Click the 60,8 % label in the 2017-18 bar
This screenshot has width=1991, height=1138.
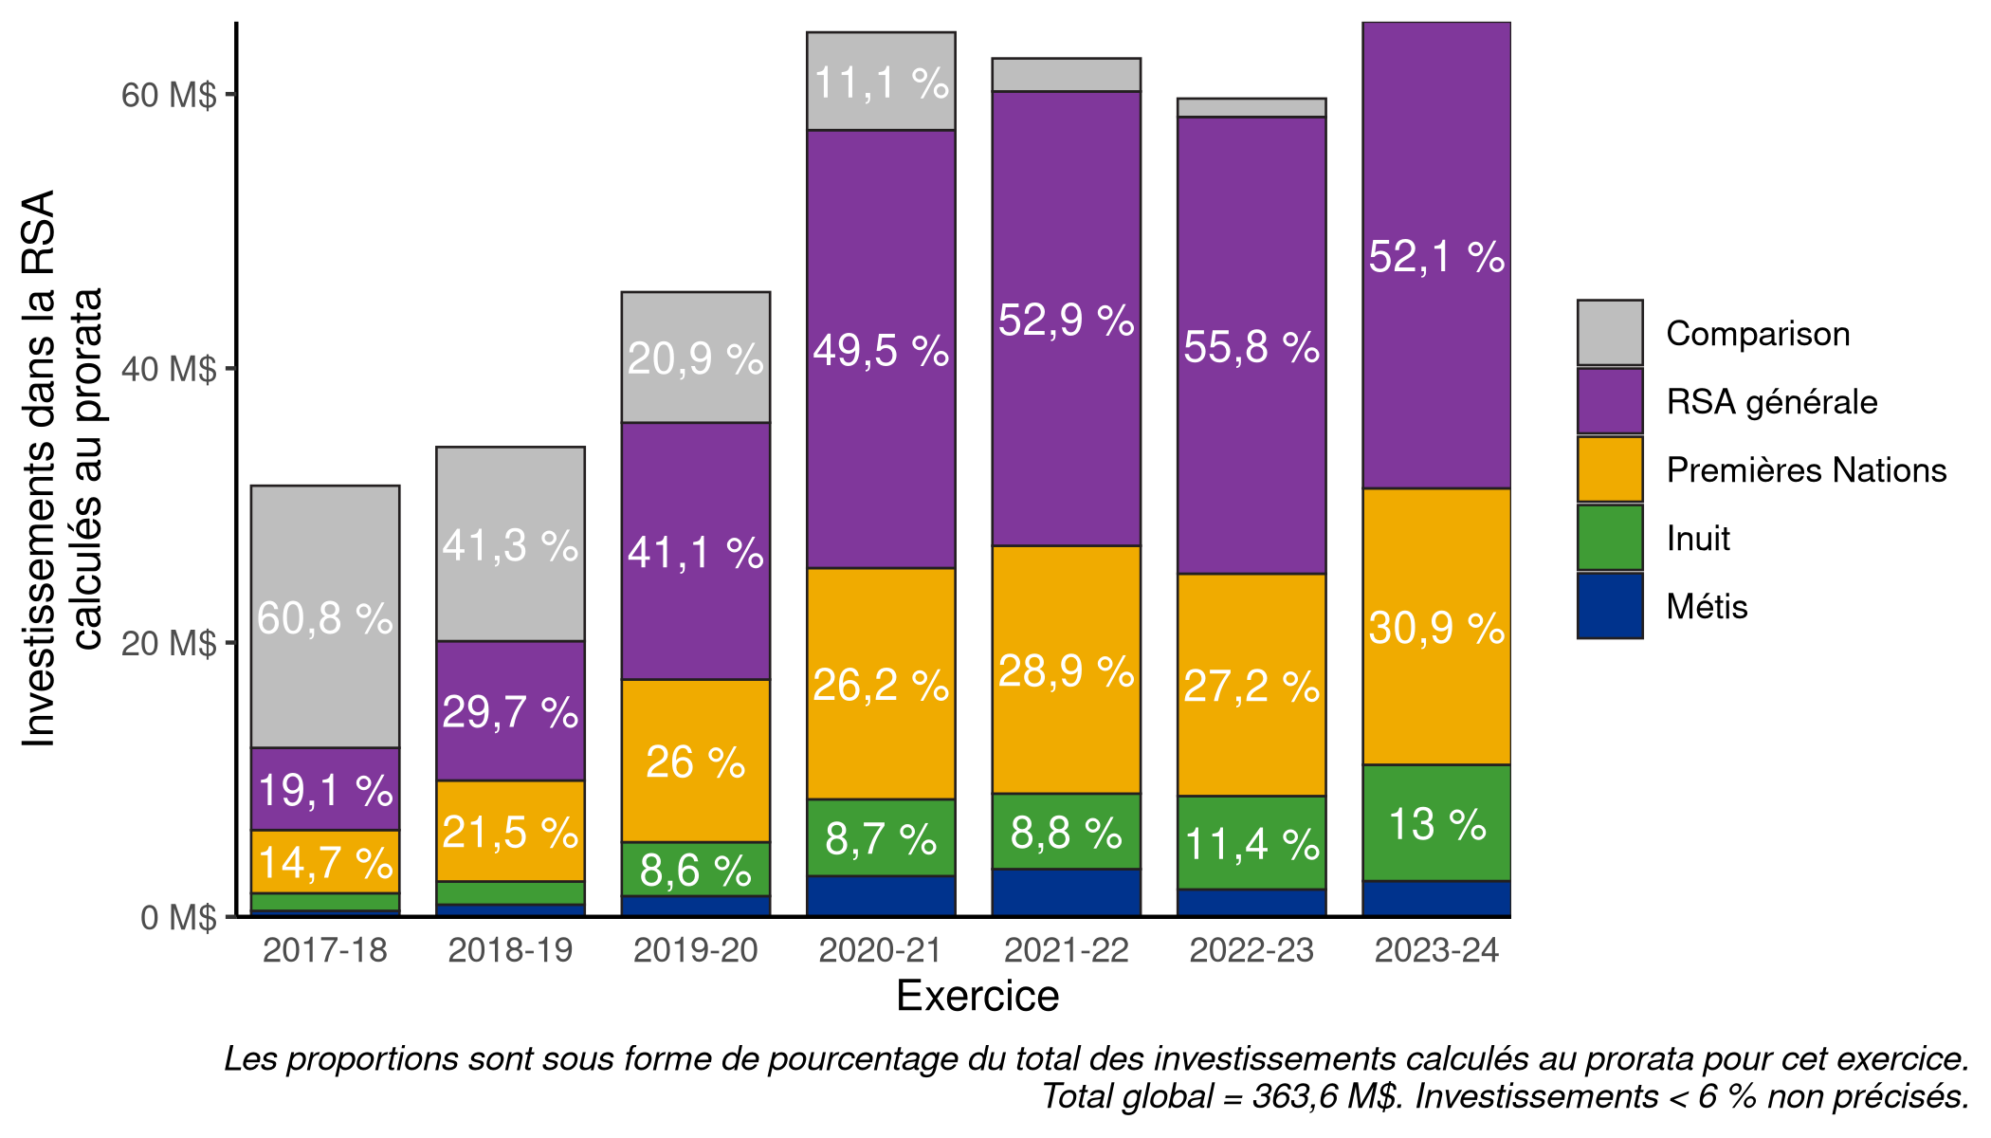324,619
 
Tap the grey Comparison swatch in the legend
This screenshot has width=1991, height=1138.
1610,333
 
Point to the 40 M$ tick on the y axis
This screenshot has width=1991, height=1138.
169,369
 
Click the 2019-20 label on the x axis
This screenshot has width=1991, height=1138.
695,950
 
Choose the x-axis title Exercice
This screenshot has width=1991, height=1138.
977,997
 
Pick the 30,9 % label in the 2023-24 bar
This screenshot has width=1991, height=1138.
1436,629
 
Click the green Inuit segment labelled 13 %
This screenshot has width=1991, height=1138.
1436,823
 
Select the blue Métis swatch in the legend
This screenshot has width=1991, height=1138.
1610,606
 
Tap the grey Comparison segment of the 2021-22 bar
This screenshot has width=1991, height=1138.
1066,75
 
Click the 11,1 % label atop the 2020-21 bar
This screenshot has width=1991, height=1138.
881,83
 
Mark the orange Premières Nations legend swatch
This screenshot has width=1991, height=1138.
1610,469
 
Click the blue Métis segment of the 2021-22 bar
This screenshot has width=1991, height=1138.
1066,891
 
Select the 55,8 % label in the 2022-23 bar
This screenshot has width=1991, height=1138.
1251,347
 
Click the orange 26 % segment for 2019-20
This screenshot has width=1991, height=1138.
695,762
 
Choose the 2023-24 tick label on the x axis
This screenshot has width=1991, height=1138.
1436,950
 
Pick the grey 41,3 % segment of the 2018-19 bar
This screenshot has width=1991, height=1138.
510,545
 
